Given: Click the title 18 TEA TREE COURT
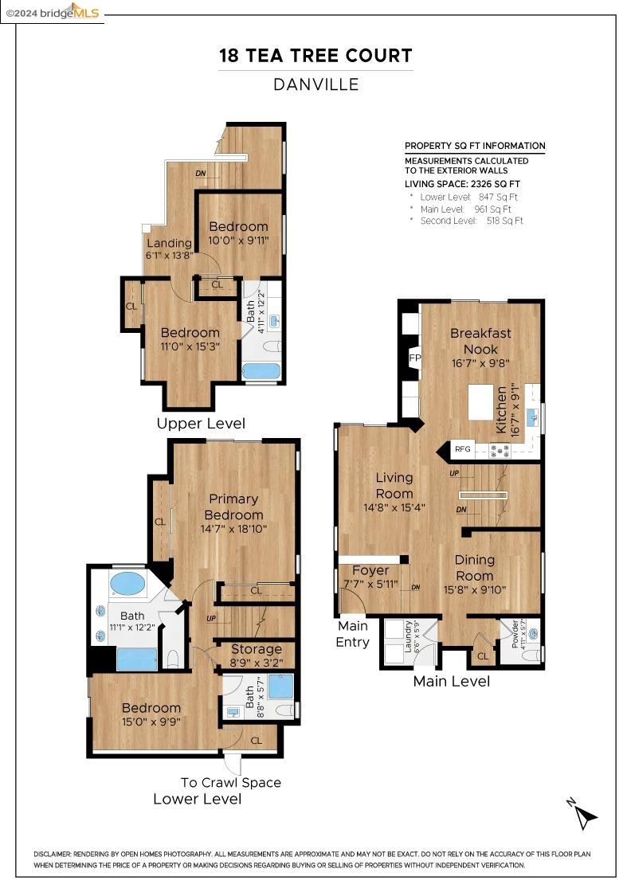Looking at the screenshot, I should click(315, 56).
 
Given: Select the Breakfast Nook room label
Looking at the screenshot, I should click(480, 341).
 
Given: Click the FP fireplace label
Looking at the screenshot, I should click(414, 358).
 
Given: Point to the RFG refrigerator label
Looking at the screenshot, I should click(463, 449).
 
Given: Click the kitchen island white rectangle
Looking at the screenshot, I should click(480, 402).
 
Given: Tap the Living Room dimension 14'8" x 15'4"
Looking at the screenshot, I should click(394, 508).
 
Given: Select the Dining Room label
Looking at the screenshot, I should click(474, 568).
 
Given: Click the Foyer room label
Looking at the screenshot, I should click(370, 570).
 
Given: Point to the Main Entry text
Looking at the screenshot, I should click(352, 634).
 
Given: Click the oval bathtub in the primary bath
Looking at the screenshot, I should click(127, 583).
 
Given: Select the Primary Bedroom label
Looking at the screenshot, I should click(233, 507).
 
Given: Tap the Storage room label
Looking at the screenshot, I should click(256, 649).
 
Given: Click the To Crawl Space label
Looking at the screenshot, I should click(230, 782).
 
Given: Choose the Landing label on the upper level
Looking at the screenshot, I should click(169, 243).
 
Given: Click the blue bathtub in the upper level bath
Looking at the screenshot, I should click(261, 371).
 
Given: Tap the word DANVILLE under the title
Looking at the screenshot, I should click(315, 84).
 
